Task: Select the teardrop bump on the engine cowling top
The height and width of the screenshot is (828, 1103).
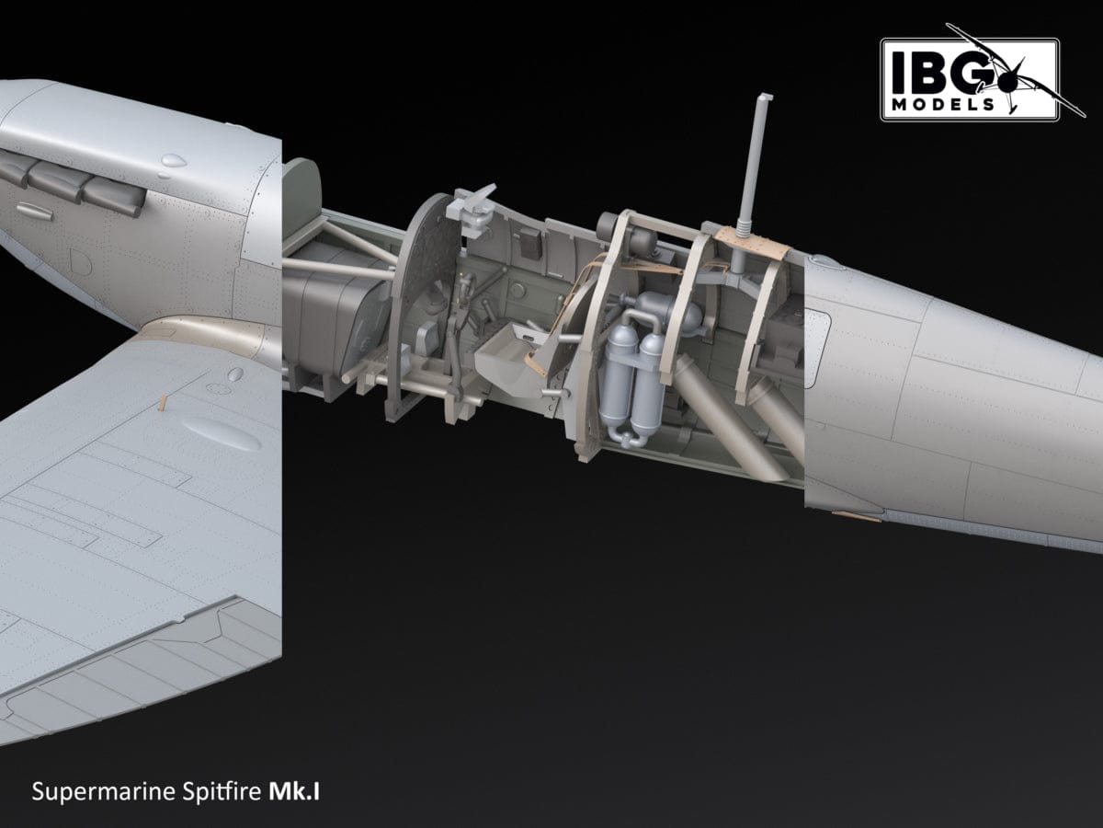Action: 171,163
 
